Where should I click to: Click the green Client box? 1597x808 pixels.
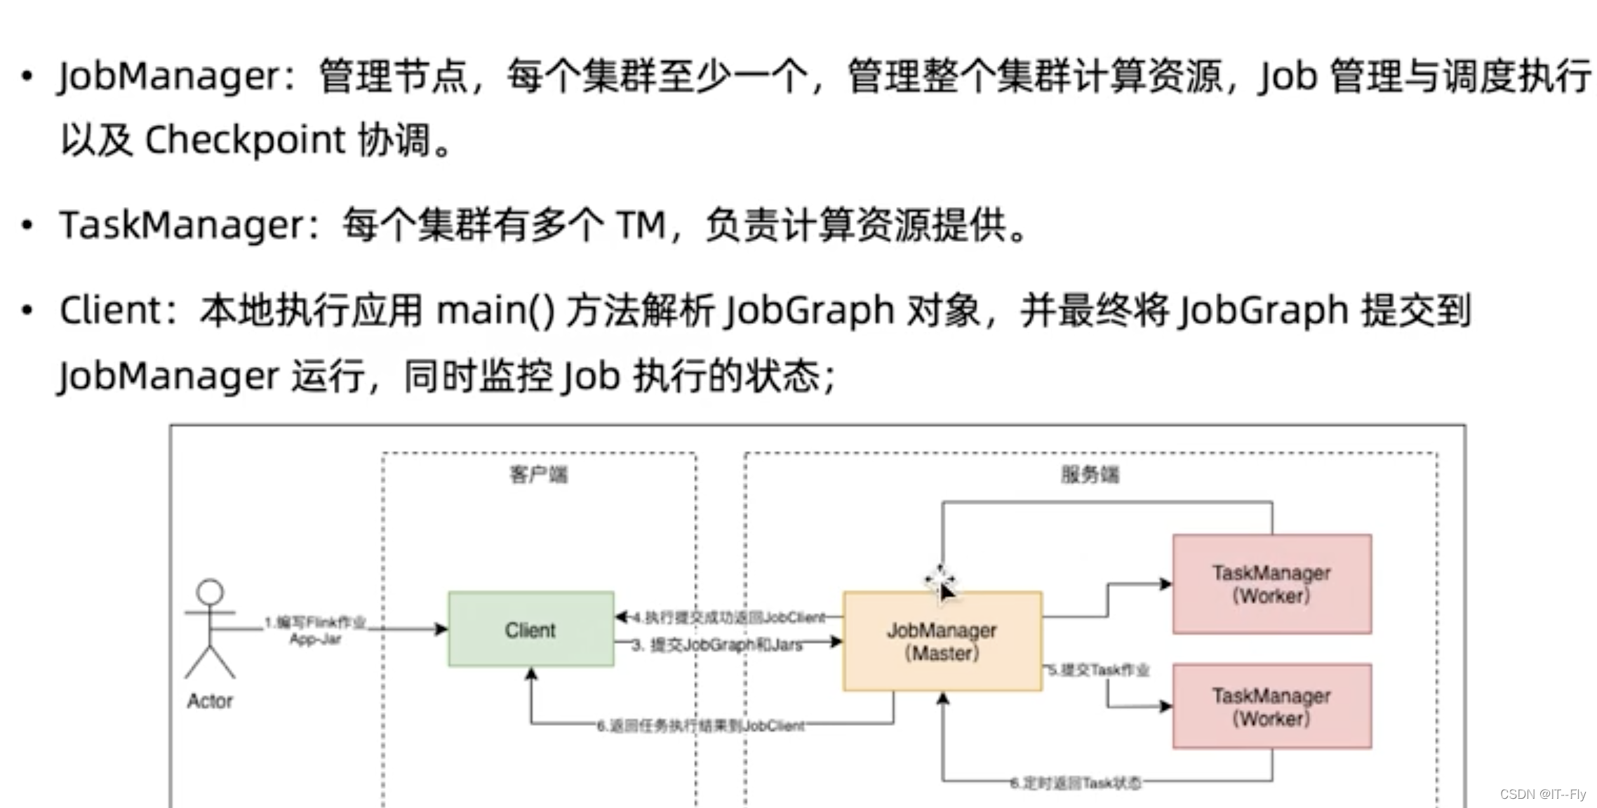click(x=531, y=629)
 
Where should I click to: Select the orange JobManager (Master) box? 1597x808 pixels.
click(x=942, y=641)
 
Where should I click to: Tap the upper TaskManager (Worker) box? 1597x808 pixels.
click(x=1271, y=584)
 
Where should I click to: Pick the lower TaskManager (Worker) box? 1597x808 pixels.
click(x=1271, y=706)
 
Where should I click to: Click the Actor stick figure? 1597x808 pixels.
click(x=210, y=628)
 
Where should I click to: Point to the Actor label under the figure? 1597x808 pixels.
click(x=210, y=701)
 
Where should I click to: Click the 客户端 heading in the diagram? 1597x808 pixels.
click(x=538, y=475)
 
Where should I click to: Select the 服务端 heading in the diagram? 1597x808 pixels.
click(x=1090, y=475)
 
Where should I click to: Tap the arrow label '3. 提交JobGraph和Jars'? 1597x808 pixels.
click(x=717, y=645)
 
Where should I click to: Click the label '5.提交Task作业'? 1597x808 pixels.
click(x=1099, y=670)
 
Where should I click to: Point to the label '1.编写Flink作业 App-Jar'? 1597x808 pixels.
click(x=315, y=630)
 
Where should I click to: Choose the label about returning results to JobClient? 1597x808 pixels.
click(x=700, y=726)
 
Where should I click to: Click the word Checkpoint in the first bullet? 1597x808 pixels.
click(x=245, y=140)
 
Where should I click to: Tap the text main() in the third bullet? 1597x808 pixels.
click(x=495, y=311)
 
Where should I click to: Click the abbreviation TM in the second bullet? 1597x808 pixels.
click(x=641, y=225)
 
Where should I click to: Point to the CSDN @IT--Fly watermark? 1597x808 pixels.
click(x=1542, y=794)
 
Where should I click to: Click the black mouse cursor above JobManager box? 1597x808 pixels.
click(x=947, y=591)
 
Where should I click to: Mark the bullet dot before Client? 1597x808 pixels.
click(x=27, y=310)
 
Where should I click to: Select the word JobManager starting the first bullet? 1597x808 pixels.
click(x=169, y=76)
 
